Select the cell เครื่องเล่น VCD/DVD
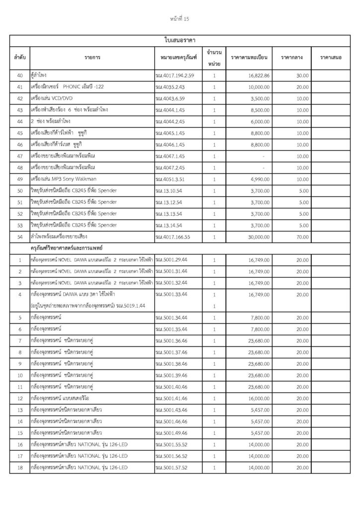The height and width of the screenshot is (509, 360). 49,98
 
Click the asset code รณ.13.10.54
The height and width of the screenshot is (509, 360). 169,190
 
